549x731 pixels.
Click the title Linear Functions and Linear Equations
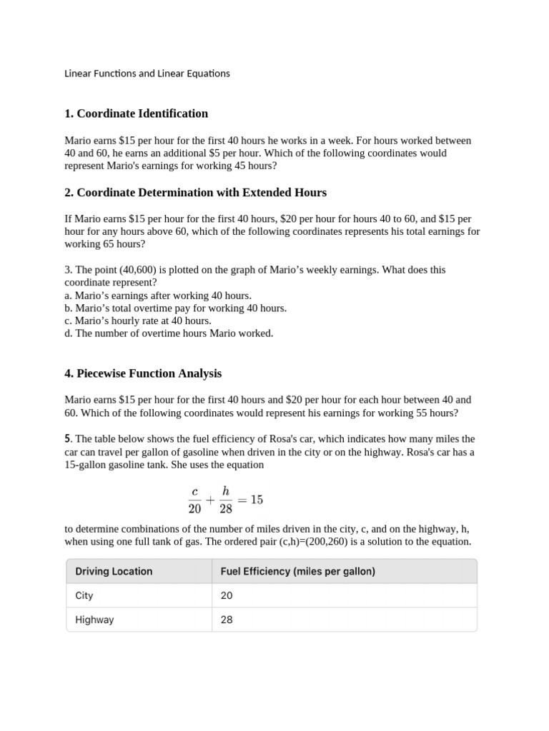pos(147,74)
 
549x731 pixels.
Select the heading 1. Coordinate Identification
pos(136,114)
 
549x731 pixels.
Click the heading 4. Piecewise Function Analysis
pos(143,373)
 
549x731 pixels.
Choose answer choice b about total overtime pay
pos(175,308)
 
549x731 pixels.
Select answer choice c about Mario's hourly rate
pos(138,321)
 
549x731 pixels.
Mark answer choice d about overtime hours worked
pos(169,333)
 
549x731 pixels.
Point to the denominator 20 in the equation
pos(195,509)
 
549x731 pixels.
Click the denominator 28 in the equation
pos(225,509)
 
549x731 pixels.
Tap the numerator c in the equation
pos(195,491)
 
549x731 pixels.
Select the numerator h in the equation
pos(225,490)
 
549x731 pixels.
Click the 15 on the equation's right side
pos(256,500)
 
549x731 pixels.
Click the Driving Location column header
pos(114,571)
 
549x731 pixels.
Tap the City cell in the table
pos(84,595)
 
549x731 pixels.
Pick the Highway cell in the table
pos(94,620)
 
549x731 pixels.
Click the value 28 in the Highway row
pos(227,620)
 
